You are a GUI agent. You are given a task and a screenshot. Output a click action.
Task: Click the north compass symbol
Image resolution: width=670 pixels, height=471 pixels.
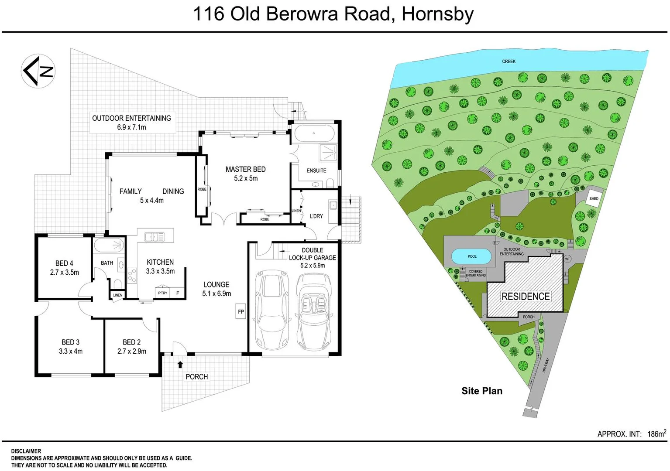tap(38, 71)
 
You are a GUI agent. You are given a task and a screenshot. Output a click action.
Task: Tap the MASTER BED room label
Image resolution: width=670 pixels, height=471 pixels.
tap(245, 169)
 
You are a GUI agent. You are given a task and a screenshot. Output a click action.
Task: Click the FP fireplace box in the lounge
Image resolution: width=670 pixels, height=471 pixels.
tap(241, 311)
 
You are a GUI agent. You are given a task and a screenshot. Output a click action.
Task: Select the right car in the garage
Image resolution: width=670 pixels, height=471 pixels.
tap(313, 311)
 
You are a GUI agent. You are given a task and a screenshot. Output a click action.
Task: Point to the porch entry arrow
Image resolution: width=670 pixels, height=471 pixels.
tap(180, 365)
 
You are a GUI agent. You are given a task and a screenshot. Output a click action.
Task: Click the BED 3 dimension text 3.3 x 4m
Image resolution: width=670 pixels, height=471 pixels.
tap(71, 352)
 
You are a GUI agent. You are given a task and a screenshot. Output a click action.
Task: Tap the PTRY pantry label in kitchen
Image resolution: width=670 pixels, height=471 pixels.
tap(162, 293)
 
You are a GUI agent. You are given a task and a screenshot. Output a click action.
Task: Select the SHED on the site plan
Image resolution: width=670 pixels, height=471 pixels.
tap(594, 198)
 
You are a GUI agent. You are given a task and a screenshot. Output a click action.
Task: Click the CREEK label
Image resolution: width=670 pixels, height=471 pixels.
tap(509, 61)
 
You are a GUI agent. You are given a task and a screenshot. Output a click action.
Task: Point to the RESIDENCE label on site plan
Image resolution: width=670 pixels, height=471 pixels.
tap(525, 297)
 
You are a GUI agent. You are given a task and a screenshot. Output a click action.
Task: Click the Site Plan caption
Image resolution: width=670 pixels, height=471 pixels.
tap(481, 391)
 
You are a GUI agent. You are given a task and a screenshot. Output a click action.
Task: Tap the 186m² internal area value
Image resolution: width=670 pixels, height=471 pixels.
tap(656, 434)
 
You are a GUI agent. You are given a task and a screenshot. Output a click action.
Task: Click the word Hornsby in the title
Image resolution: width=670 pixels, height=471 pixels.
tap(437, 14)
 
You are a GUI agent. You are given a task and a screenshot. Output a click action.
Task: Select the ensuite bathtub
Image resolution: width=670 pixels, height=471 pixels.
tap(313, 133)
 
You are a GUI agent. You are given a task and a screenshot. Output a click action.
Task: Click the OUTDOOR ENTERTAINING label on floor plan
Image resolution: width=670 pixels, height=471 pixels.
tap(131, 118)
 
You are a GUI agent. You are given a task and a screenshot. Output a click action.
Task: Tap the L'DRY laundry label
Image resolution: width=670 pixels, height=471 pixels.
tap(316, 216)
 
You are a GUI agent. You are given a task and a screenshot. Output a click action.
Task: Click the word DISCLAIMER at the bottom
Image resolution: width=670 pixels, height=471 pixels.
tap(26, 451)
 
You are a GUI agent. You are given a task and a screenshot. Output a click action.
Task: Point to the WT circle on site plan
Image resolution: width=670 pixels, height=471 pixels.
tap(567, 259)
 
